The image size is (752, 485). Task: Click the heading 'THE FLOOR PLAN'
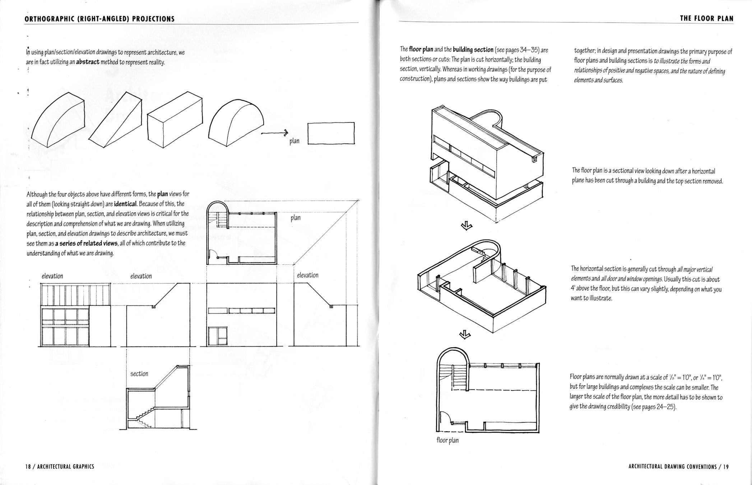click(706, 18)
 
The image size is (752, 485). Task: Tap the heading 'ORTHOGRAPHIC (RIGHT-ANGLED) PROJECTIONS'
click(99, 19)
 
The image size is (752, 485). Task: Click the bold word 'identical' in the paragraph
click(125, 204)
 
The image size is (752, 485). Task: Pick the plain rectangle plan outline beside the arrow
click(331, 133)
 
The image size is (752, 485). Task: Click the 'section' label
click(139, 374)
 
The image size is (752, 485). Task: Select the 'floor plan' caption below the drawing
click(447, 440)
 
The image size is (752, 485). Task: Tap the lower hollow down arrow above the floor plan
click(466, 335)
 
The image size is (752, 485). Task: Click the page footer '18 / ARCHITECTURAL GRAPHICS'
click(60, 466)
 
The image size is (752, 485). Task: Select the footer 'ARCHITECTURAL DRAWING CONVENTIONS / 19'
click(679, 467)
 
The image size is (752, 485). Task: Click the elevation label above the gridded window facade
click(52, 276)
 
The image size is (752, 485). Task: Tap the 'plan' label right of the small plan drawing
click(296, 218)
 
